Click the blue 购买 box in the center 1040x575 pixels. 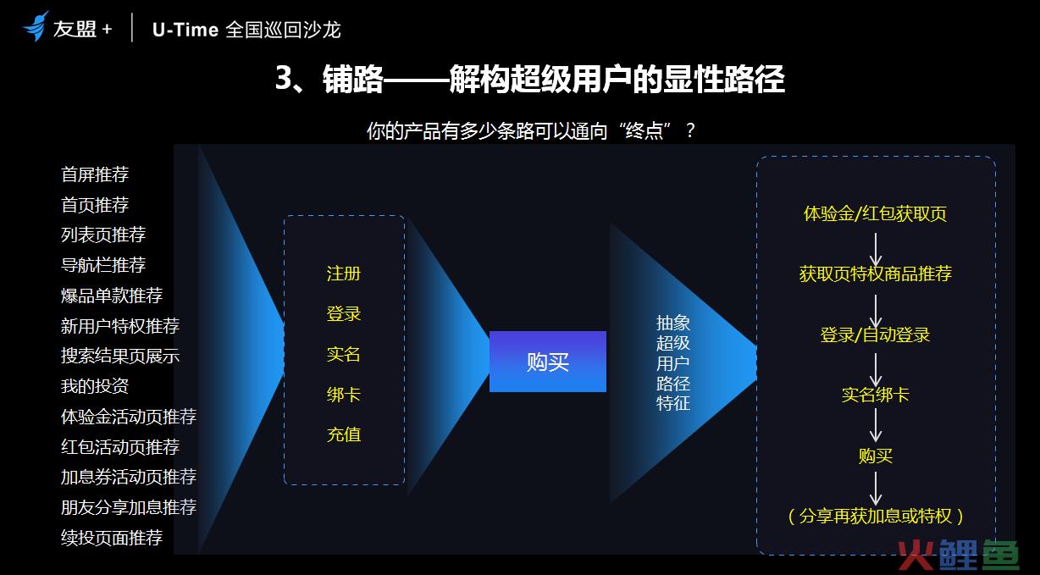click(548, 362)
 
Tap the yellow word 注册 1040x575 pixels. click(344, 274)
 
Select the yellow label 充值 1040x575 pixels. click(344, 434)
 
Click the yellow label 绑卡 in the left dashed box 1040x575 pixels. click(344, 395)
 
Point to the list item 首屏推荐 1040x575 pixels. click(95, 174)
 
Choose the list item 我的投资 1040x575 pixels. click(95, 386)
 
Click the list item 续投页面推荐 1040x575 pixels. click(112, 538)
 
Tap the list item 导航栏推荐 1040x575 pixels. click(103, 265)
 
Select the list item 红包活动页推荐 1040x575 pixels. click(120, 447)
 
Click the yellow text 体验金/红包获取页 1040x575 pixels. click(875, 214)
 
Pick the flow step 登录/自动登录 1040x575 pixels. click(875, 334)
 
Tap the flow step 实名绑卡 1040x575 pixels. click(875, 395)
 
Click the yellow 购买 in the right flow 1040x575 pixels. click(875, 456)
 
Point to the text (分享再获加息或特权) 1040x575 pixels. click(876, 516)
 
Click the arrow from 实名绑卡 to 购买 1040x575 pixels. click(876, 424)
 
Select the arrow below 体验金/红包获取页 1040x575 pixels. click(876, 249)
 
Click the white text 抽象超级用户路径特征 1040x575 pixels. click(673, 363)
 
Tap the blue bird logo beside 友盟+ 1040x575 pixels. click(36, 26)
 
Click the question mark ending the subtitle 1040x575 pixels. click(690, 131)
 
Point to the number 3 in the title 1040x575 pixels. click(285, 78)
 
